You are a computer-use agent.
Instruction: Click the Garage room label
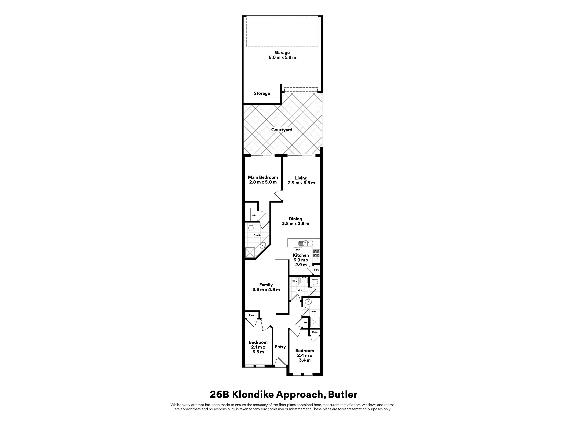pyautogui.click(x=282, y=53)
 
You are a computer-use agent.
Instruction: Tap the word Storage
pyautogui.click(x=262, y=93)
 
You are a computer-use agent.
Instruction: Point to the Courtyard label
pyautogui.click(x=282, y=130)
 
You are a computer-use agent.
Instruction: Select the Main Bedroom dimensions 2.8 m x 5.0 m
pyautogui.click(x=263, y=182)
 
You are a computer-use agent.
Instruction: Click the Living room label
pyautogui.click(x=301, y=178)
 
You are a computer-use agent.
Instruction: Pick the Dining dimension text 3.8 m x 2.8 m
pyautogui.click(x=296, y=224)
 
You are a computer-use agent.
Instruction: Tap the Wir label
pyautogui.click(x=254, y=215)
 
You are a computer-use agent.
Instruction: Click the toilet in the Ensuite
pyautogui.click(x=251, y=227)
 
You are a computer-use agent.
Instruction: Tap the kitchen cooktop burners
pyautogui.click(x=316, y=254)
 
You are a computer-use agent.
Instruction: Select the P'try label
pyautogui.click(x=316, y=270)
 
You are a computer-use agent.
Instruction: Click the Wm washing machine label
pyautogui.click(x=295, y=281)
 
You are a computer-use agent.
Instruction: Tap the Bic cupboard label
pyautogui.click(x=305, y=323)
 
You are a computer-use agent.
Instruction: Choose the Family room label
pyautogui.click(x=266, y=285)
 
